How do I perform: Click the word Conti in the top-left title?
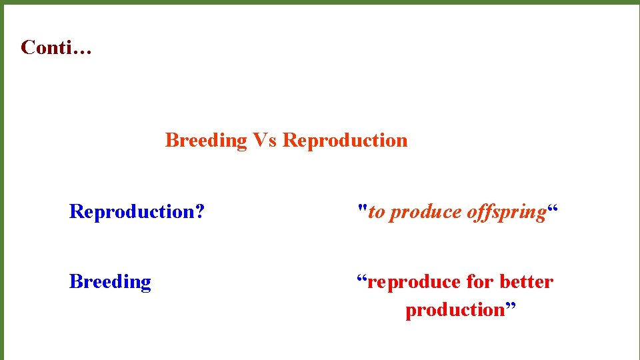47,48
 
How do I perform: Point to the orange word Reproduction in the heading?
345,141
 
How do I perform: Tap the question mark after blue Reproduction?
199,212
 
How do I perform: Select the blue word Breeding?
110,282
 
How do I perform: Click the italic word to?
377,212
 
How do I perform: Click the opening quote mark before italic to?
362,208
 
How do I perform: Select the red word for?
479,282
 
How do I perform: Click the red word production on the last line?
455,310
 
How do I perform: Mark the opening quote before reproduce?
361,278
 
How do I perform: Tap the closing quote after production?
510,306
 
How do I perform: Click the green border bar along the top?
320,2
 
